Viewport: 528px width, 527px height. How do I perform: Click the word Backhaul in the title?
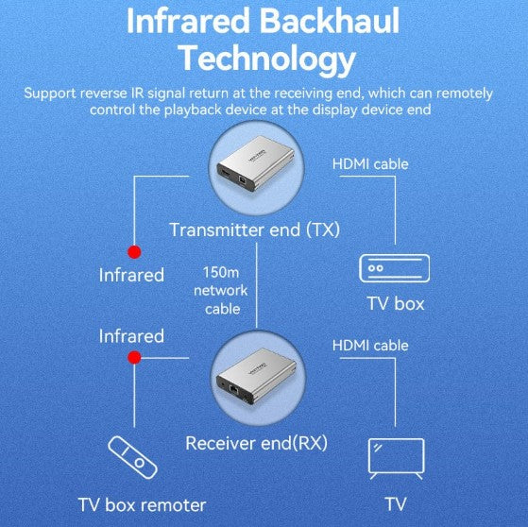pos(330,21)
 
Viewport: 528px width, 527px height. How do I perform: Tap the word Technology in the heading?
pos(268,59)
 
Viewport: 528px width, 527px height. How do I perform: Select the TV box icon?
pos(394,268)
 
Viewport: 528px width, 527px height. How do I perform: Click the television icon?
pos(397,459)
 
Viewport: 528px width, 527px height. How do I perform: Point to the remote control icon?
pos(132,457)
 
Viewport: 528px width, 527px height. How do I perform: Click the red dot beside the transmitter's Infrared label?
pos(134,252)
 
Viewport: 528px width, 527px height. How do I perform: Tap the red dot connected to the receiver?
pos(135,358)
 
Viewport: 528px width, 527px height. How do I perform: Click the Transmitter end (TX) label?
pos(255,230)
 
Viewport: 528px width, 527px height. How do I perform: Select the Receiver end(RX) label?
pos(256,443)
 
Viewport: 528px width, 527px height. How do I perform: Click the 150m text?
pos(221,272)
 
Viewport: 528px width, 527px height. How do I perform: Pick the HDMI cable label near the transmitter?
pos(370,164)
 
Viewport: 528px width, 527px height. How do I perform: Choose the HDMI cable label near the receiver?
pos(370,346)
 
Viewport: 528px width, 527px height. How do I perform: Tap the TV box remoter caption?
pos(142,505)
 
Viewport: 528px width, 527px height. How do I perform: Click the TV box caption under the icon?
pos(396,303)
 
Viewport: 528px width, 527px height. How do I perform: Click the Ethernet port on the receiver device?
pos(233,389)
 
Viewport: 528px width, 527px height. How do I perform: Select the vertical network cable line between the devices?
pos(257,285)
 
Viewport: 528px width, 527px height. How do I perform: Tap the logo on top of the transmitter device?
pos(257,156)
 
